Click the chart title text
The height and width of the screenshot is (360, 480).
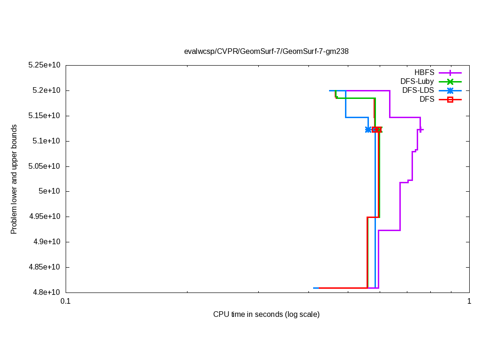pyautogui.click(x=266, y=52)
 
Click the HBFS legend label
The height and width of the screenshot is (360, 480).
pyautogui.click(x=424, y=73)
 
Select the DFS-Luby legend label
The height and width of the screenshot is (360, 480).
pyautogui.click(x=417, y=82)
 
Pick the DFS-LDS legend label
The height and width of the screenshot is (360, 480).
pyautogui.click(x=418, y=90)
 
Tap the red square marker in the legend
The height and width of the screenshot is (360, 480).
pyautogui.click(x=450, y=99)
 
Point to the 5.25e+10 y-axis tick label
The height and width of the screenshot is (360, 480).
pyautogui.click(x=45, y=65)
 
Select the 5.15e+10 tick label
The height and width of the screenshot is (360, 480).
pyautogui.click(x=45, y=116)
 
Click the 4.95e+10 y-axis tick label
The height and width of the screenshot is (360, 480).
pyautogui.click(x=45, y=217)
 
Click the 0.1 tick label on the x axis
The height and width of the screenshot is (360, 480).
pyautogui.click(x=66, y=301)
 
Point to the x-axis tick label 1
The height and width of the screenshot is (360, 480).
pyautogui.click(x=469, y=301)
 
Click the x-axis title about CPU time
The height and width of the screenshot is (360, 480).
pyautogui.click(x=266, y=315)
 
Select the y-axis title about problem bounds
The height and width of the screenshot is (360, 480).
pyautogui.click(x=14, y=179)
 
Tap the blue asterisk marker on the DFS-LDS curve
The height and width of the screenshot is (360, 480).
pyautogui.click(x=368, y=129)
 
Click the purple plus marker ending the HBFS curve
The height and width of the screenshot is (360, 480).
pyautogui.click(x=420, y=129)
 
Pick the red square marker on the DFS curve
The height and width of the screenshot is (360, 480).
pyautogui.click(x=375, y=129)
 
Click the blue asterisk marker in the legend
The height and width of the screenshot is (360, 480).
pyautogui.click(x=450, y=90)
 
